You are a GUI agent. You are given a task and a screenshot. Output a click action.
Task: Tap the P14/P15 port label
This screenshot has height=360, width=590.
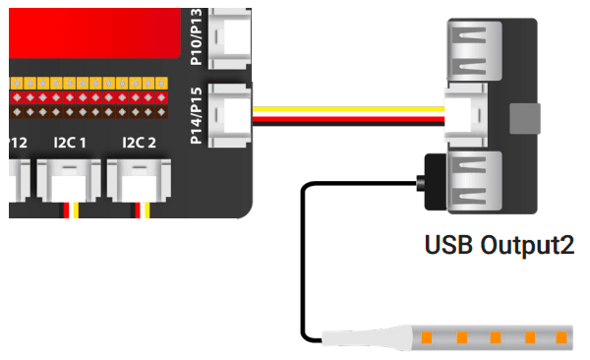197,114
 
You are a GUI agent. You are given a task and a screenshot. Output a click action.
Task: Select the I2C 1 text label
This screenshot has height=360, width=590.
71,143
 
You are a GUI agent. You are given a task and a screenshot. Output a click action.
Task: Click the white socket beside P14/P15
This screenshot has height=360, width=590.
233,114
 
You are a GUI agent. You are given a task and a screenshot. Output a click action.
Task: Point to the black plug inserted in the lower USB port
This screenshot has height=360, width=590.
431,181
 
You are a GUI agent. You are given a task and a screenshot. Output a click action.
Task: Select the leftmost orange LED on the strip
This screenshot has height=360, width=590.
428,337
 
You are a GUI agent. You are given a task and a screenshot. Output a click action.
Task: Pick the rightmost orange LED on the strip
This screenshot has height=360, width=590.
561,337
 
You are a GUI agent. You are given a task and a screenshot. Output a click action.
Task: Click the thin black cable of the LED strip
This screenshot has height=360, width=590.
303,256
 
